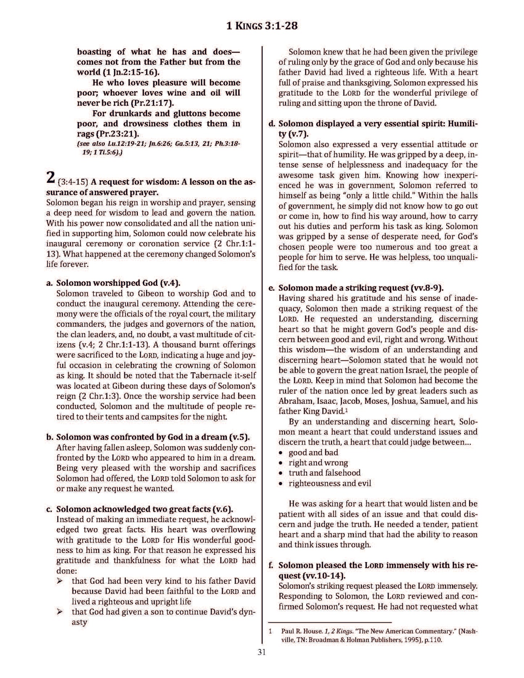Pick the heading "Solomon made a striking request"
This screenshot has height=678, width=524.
point(361,288)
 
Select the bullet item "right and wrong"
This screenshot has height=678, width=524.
point(318,463)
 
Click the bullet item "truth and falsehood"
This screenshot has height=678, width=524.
point(325,473)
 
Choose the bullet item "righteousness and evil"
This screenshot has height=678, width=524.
point(330,483)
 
